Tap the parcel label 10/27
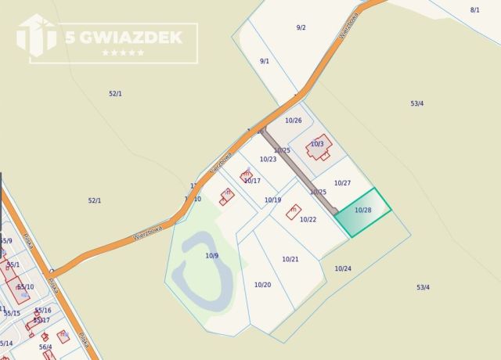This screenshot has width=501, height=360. [342, 183]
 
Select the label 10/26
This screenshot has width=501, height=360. [293, 121]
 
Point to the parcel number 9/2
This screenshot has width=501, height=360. [301, 27]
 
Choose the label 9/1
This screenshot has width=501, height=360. [265, 61]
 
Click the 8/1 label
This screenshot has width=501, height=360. [475, 9]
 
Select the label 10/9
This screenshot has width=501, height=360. [212, 256]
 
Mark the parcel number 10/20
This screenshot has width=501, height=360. [262, 284]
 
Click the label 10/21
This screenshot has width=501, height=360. [290, 259]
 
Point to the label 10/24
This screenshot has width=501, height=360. [343, 268]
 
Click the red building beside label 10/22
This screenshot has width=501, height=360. [294, 211]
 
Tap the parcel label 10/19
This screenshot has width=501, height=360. [272, 200]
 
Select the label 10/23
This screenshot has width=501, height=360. [268, 159]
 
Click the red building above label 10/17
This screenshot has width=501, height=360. [247, 176]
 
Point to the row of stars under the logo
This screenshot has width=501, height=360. [123, 52]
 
